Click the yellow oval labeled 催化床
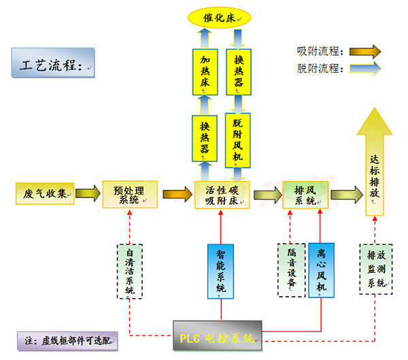coord(220,18)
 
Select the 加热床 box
coord(205,72)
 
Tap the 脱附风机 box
coord(238,140)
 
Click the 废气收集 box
coord(45,193)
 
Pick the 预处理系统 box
coord(130,195)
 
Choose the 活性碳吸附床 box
coord(222,195)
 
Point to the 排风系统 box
coord(305,195)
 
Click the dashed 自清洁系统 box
coord(130,271)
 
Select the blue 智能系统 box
coord(220,271)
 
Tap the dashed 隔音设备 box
coord(292,270)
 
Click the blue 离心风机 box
coord(322,270)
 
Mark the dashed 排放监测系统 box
coord(376,269)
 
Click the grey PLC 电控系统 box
coord(218,336)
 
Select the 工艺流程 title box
coord(53,63)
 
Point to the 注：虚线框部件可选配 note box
coord(67,341)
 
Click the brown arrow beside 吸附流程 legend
coord(365,51)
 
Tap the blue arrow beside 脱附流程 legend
coord(365,69)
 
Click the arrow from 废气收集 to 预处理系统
coord(88,193)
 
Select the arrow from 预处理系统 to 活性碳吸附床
coord(177,194)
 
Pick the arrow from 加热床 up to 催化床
coord(205,38)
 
